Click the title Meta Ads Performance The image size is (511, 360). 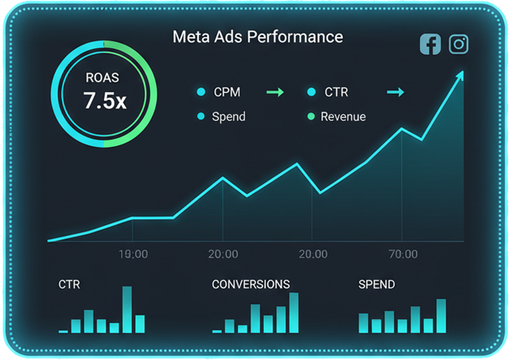click(x=257, y=37)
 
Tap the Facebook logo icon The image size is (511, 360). click(x=430, y=45)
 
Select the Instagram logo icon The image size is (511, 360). click(x=459, y=44)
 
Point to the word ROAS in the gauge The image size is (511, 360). click(x=102, y=78)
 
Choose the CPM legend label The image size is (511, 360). click(x=227, y=92)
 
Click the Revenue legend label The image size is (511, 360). click(x=343, y=117)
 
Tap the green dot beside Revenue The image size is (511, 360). click(x=312, y=117)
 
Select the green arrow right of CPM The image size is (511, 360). click(x=275, y=92)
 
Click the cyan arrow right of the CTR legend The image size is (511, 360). click(x=395, y=92)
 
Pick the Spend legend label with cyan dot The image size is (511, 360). click(x=229, y=117)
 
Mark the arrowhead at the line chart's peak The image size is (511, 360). click(x=461, y=75)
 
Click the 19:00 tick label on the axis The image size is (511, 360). click(x=133, y=254)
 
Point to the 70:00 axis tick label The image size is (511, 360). click(x=403, y=254)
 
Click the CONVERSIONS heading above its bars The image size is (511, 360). click(x=251, y=285)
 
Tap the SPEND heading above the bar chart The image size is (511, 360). click(x=376, y=285)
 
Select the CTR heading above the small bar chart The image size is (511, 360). click(x=69, y=285)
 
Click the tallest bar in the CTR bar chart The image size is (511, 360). click(x=127, y=310)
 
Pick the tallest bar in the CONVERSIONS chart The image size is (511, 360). click(x=294, y=313)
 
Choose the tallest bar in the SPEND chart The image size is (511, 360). click(x=441, y=316)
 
